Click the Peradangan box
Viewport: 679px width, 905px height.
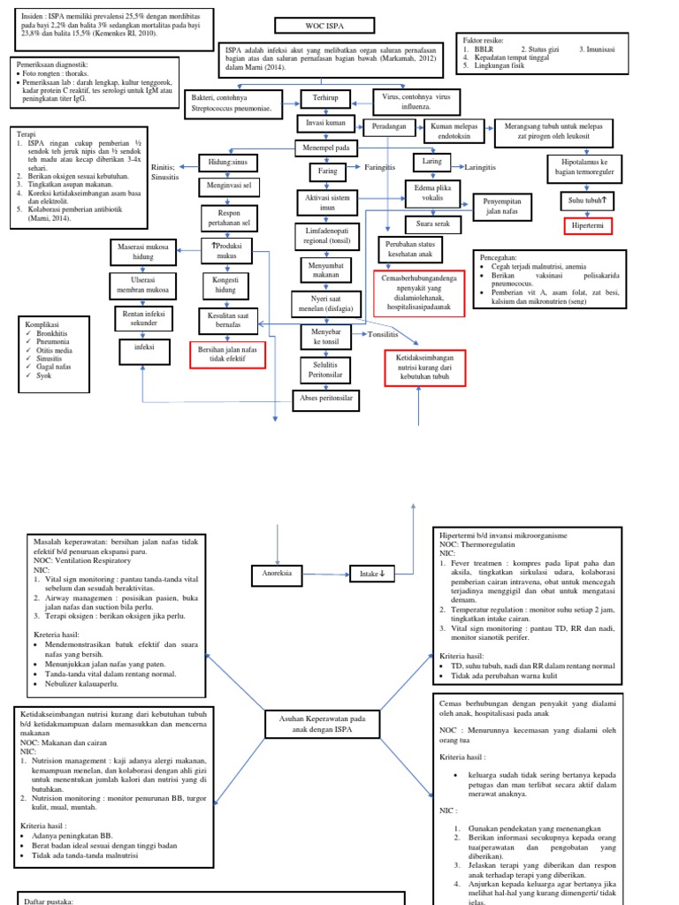(389, 126)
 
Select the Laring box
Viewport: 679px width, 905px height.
(432, 163)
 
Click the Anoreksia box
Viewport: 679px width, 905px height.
(278, 573)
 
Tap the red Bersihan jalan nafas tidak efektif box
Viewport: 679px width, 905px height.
(228, 355)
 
